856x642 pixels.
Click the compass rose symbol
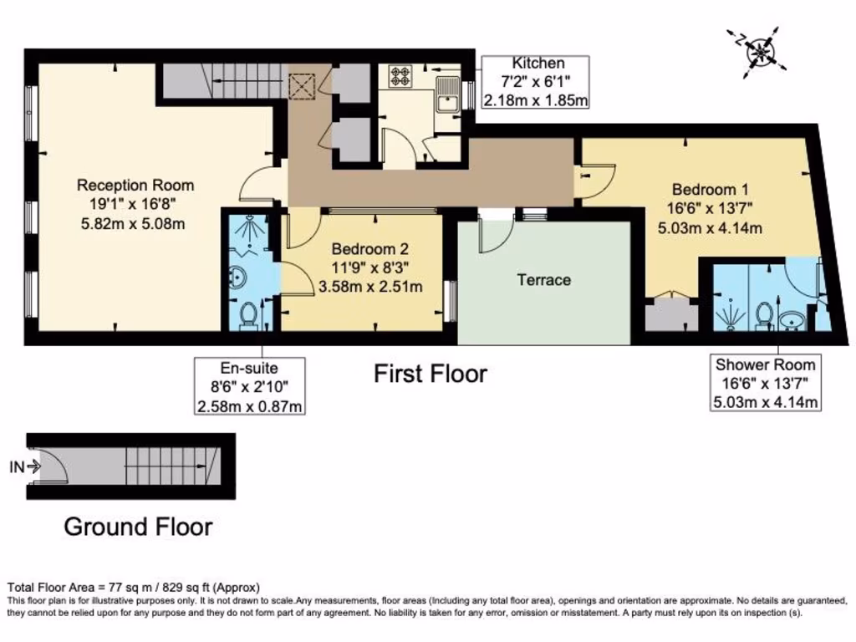coord(760,50)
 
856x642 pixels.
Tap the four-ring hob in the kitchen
coord(400,77)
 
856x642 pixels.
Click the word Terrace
coord(544,280)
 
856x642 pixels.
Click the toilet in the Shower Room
coord(762,315)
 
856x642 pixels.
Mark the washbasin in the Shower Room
coord(791,320)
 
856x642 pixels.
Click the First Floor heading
coord(430,374)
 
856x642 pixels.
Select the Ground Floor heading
coord(138,527)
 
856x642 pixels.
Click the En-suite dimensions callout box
coord(249,386)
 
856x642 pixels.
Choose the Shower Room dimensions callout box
coord(765,384)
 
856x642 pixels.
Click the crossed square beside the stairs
coord(301,85)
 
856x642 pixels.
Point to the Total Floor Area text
coord(134,587)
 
